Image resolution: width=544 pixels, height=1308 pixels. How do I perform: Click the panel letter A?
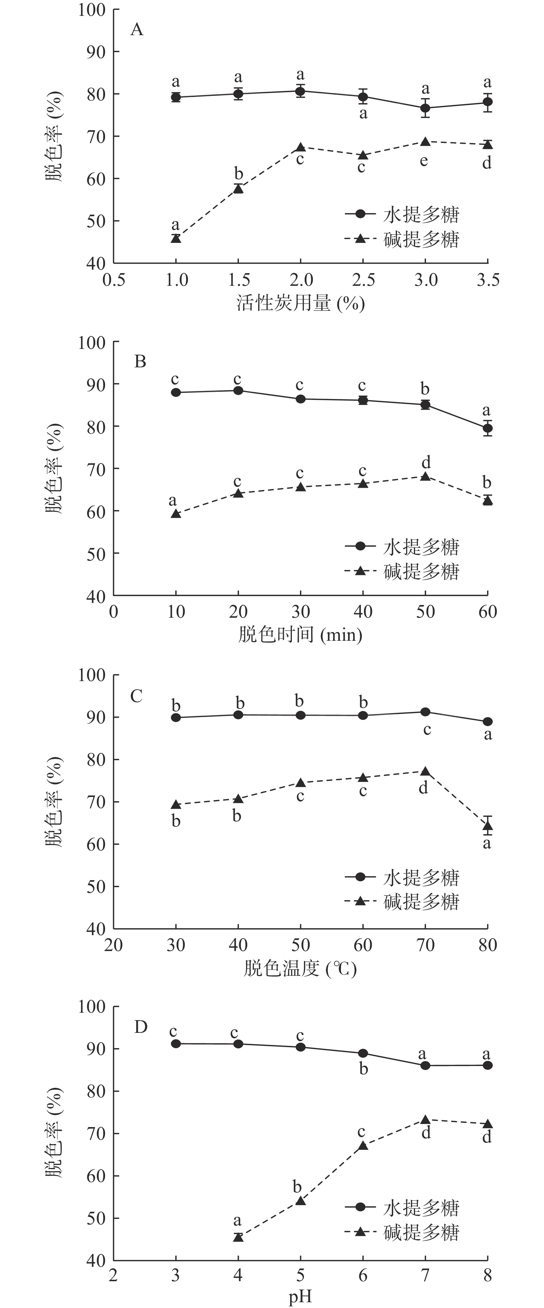click(x=137, y=30)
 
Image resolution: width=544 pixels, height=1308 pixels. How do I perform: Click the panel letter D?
click(x=140, y=1027)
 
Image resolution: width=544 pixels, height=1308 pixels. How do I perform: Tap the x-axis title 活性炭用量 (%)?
click(x=300, y=304)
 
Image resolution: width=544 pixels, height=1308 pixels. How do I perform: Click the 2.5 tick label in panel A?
click(x=363, y=280)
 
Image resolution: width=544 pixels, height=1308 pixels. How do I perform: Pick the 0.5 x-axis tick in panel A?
click(x=114, y=280)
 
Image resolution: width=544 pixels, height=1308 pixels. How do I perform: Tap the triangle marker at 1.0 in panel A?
click(x=176, y=238)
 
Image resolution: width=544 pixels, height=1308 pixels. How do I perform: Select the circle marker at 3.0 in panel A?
click(x=425, y=108)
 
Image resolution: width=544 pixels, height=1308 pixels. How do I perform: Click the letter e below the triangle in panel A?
click(x=424, y=161)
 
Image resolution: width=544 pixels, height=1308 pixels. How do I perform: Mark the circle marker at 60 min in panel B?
click(x=488, y=428)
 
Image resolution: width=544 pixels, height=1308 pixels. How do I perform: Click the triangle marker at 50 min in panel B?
click(x=425, y=476)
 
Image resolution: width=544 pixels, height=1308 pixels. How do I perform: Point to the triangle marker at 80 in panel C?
click(x=488, y=826)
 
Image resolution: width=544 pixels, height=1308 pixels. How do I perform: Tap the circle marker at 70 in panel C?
click(x=425, y=712)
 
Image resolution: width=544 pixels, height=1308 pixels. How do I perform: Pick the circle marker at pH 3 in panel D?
click(x=176, y=1044)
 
